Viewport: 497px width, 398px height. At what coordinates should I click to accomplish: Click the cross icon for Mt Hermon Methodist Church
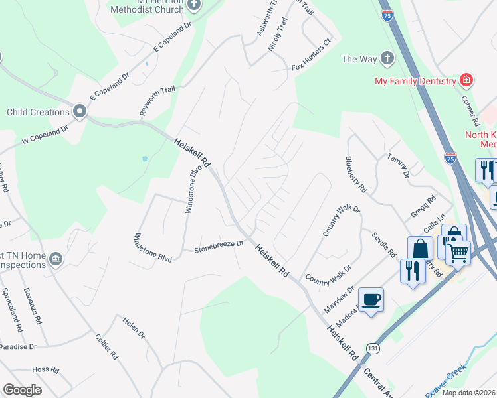pos(194,5)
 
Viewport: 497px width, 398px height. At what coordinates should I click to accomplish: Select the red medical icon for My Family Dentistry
pos(466,81)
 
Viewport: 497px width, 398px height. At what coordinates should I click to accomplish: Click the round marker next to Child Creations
pos(80,112)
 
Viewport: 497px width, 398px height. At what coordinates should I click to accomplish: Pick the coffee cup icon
pos(371,300)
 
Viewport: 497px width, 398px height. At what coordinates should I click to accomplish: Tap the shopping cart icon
pos(458,253)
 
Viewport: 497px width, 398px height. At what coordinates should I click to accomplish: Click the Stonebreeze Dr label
pos(219,247)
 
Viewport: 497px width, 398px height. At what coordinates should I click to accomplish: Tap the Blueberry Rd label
pos(356,174)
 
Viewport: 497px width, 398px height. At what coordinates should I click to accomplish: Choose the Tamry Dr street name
pos(399,165)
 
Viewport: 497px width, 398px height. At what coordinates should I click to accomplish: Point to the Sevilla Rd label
pos(384,245)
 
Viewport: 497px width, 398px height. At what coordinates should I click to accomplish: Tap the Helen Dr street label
pos(134,327)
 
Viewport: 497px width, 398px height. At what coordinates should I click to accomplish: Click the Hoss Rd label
pos(46,369)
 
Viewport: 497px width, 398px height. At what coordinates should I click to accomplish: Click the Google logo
pos(23,390)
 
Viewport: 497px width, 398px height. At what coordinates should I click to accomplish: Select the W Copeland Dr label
pos(45,135)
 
